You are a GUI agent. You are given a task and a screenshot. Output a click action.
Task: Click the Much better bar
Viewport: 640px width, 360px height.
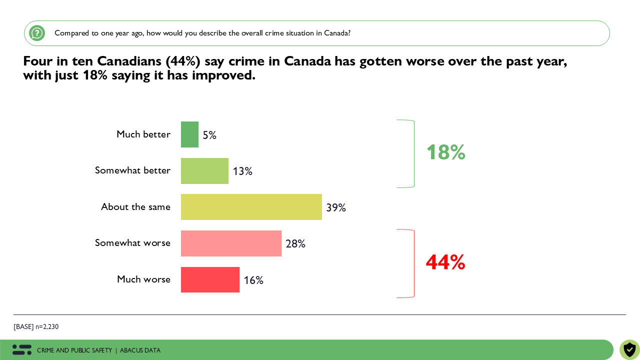click(189, 134)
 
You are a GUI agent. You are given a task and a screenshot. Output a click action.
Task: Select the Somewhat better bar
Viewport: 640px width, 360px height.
click(204, 171)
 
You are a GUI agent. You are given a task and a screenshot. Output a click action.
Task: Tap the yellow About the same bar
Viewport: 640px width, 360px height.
click(251, 207)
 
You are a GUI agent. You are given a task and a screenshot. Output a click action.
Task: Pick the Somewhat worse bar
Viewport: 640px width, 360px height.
click(231, 243)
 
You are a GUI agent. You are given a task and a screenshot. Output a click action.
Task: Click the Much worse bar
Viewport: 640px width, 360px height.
click(210, 279)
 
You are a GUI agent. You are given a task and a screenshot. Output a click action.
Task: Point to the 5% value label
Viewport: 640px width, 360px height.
click(209, 135)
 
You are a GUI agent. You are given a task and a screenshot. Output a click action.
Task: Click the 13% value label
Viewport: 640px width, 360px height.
click(242, 171)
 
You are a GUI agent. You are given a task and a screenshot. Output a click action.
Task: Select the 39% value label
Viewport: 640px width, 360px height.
click(336, 207)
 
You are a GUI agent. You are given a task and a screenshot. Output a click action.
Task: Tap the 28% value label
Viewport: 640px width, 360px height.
click(295, 244)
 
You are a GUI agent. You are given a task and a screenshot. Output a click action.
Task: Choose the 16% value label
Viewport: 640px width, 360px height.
click(253, 280)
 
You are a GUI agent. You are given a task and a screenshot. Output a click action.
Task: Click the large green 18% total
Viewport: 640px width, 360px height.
click(445, 152)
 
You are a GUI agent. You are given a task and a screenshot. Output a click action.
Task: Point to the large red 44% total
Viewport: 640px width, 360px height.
click(445, 262)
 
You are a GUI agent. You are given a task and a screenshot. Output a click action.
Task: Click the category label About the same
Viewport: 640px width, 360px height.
click(135, 207)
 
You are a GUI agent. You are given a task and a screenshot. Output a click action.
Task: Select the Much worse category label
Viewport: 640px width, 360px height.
click(143, 279)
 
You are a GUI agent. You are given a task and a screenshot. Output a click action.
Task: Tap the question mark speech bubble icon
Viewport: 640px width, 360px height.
click(37, 33)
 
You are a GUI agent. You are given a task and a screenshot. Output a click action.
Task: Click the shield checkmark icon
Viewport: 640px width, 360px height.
click(629, 349)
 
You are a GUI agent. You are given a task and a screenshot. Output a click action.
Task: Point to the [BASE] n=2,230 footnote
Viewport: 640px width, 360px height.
click(36, 327)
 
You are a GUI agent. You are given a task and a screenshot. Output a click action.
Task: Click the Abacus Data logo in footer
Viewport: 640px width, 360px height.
click(22, 350)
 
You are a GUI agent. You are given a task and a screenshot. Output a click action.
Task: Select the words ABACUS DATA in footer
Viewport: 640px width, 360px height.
click(140, 350)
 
